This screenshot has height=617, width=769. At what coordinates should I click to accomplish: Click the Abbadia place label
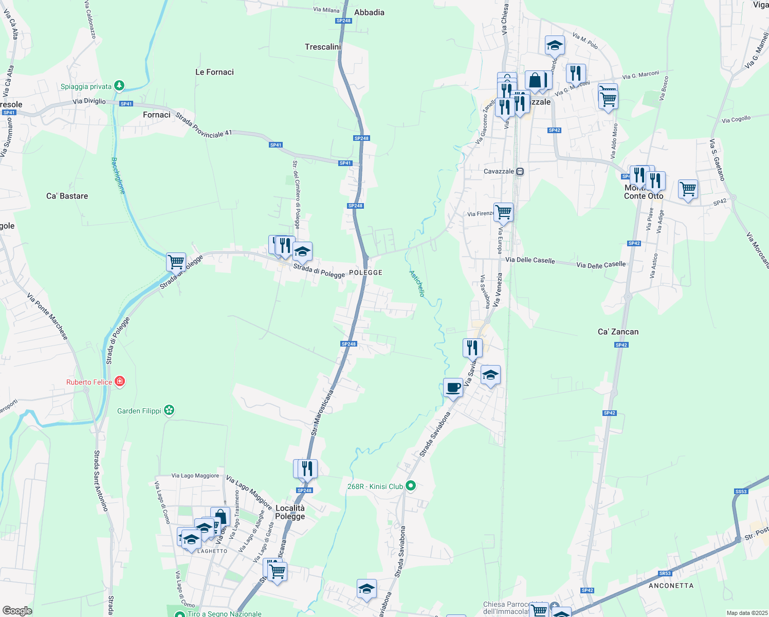point(369,12)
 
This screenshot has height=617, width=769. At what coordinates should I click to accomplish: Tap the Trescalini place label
point(323,47)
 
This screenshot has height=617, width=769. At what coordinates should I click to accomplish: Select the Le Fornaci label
point(214,72)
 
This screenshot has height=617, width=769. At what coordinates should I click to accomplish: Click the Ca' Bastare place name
point(67,196)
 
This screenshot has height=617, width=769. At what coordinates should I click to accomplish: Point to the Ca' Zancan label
point(618,332)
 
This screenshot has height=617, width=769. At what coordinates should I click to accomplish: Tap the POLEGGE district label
point(365,273)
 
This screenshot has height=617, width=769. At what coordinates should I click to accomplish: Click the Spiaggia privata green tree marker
point(119,85)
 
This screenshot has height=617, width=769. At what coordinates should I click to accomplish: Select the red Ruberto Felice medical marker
point(120,382)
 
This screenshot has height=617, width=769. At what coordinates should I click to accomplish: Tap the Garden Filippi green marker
point(170,410)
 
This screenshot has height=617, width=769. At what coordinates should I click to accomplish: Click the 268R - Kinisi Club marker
point(410,485)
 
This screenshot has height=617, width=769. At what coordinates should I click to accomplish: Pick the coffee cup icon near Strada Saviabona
point(453,387)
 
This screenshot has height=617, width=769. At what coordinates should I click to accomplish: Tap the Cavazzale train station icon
point(520,171)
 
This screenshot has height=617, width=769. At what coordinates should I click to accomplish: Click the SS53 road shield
point(741,492)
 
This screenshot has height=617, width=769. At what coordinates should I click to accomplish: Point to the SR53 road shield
point(665,573)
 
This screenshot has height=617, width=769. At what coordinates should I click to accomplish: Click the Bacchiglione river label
point(118,175)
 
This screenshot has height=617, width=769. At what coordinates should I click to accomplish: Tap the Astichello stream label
point(417,283)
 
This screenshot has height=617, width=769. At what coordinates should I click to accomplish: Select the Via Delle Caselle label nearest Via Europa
point(530,260)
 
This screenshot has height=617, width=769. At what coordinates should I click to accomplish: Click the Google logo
point(17,611)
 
